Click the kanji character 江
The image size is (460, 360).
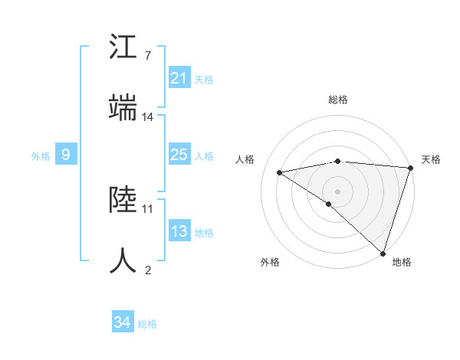click(123, 47)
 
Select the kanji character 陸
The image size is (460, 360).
click(123, 200)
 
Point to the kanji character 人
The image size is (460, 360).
click(123, 260)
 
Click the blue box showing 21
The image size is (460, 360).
click(179, 78)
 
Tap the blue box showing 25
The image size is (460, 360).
click(179, 155)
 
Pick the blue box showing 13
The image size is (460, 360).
click(179, 231)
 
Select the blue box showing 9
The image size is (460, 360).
click(66, 155)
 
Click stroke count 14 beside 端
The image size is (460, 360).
click(148, 116)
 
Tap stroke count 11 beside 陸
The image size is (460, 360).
click(148, 208)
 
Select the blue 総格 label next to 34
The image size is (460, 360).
click(147, 324)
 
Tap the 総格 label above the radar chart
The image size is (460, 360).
click(338, 100)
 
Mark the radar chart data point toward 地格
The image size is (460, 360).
click(383, 253)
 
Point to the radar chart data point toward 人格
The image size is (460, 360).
click(280, 172)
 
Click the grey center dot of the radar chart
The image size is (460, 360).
click(338, 191)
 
